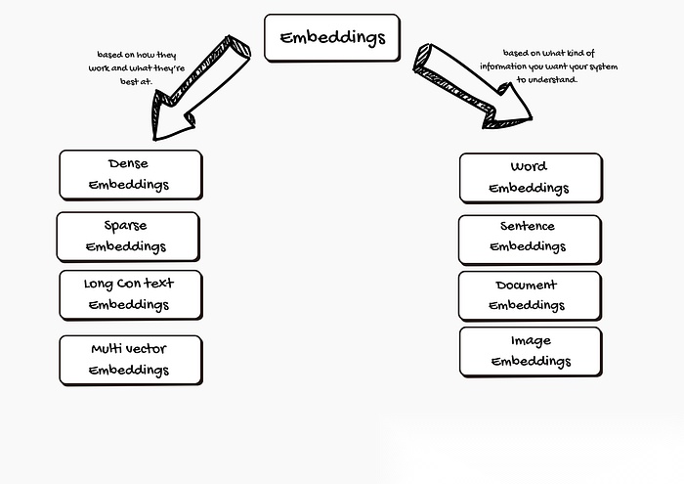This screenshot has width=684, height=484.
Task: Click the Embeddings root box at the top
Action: [332, 37]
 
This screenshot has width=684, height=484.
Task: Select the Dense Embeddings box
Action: [130, 174]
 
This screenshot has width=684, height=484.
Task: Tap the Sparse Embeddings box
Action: [127, 236]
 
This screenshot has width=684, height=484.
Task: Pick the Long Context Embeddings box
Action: [130, 294]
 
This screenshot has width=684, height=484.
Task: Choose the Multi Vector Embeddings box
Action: [130, 359]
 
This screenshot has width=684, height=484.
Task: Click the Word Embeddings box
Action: [530, 177]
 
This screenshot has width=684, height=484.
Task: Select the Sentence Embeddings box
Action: [529, 237]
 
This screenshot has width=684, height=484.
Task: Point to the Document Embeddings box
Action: [529, 295]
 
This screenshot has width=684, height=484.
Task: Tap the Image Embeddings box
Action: [530, 351]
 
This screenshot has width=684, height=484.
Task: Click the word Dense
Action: [129, 163]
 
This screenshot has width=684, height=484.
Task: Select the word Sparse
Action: [125, 225]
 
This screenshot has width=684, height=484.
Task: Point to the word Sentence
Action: [528, 226]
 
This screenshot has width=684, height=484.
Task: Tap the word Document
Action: [526, 285]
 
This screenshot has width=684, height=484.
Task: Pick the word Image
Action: [531, 340]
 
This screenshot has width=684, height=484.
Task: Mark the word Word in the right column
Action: [529, 166]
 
